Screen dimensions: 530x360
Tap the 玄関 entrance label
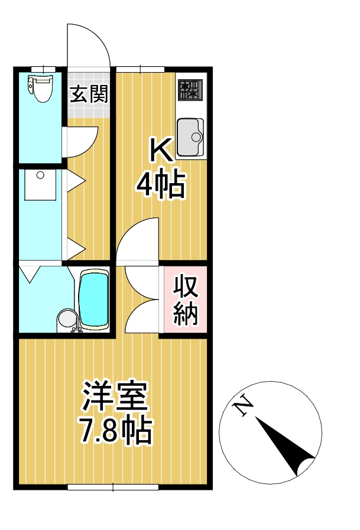89,95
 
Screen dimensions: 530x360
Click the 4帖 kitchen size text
161,186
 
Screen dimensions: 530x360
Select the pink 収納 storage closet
185,300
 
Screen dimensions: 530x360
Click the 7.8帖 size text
116,432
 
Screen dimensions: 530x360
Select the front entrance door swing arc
89,44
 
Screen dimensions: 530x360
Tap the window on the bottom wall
112,487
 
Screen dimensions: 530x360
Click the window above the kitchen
140,69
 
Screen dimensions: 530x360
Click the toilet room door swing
78,142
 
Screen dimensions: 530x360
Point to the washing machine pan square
40,185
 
